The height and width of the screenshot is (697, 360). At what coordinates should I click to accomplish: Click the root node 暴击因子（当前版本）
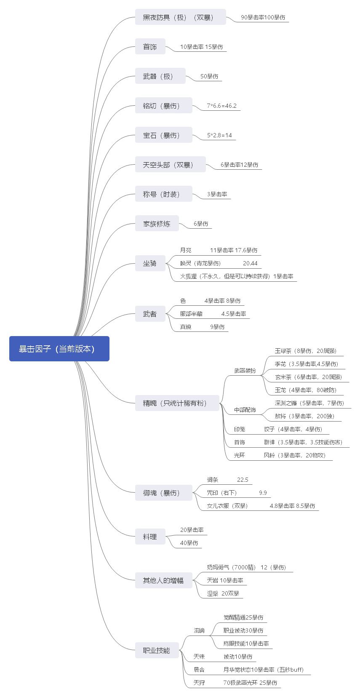coord(59,349)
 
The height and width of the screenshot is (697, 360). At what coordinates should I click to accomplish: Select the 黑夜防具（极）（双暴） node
coord(180,17)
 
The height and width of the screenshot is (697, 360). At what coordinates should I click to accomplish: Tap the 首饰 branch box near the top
coord(150,47)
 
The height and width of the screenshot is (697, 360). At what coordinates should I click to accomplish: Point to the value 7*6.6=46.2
coord(221,106)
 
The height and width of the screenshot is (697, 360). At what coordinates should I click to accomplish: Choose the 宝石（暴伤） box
coord(163,135)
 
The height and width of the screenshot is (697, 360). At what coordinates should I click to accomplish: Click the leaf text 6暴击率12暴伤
coord(239,165)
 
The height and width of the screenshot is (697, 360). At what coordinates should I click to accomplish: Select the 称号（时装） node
coord(163,194)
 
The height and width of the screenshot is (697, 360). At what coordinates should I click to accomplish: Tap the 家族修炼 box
coord(157,224)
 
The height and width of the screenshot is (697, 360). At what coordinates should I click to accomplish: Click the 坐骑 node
coord(150,263)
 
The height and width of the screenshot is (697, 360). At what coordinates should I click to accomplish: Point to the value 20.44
coord(250,263)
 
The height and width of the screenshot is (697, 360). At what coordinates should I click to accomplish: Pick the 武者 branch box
coord(150,314)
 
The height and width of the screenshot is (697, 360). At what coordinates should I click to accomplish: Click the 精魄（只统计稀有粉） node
coord(177,403)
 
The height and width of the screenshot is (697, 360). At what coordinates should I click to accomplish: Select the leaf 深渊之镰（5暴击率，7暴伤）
coord(309,403)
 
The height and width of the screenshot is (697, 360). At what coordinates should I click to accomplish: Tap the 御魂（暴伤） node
coord(163,493)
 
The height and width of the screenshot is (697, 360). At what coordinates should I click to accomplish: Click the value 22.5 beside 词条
coord(243,480)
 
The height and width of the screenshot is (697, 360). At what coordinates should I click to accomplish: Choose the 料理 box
coord(150,537)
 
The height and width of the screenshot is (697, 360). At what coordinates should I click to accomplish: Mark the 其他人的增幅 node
coord(163,580)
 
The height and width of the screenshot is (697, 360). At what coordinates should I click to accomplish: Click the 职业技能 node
coord(157,650)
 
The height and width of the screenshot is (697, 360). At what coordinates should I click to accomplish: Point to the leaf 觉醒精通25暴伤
coord(243,617)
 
